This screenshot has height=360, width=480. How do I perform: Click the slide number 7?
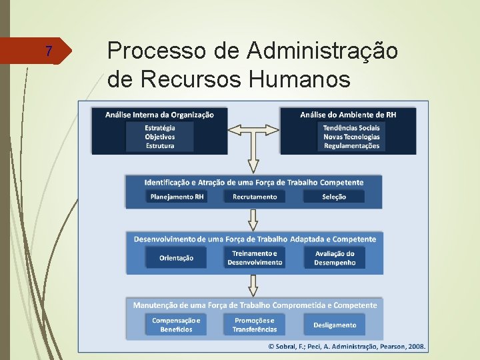coord(47,51)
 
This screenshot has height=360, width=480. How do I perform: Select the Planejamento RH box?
coord(177,197)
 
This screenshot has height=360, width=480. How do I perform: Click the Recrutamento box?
coord(254,197)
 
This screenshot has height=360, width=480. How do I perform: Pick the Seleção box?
coord(333,197)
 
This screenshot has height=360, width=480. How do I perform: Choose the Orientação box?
coord(177,258)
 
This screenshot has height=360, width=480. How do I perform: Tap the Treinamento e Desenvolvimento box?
coord(254,258)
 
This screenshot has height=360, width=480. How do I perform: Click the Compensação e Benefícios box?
coord(177,325)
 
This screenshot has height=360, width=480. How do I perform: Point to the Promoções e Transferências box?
coord(254,325)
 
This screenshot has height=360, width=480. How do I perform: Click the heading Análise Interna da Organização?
coord(159,115)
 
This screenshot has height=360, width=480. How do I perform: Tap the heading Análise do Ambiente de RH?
coord(348,115)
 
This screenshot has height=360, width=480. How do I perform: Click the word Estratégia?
coord(160,128)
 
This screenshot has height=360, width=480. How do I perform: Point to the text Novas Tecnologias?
coord(351,137)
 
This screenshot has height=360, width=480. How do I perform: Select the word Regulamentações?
coord(351,146)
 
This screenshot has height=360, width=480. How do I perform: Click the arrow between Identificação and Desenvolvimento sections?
coord(253,219)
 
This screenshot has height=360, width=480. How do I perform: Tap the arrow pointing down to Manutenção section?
coord(253,284)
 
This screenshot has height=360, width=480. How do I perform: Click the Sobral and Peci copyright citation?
coord(347,347)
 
